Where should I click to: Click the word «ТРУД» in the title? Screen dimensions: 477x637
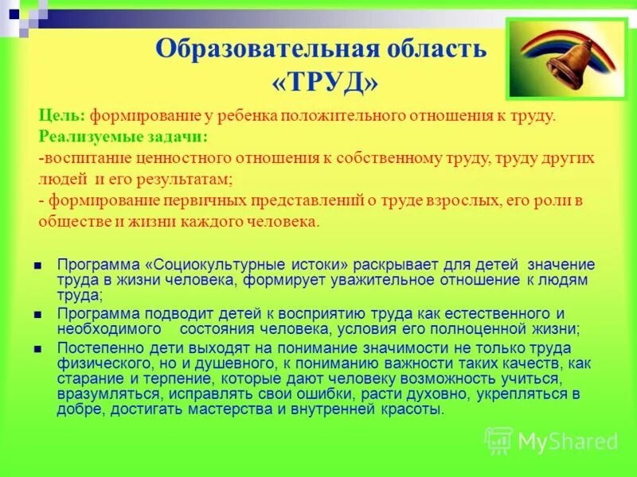[320, 81]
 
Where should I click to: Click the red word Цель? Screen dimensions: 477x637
[62, 116]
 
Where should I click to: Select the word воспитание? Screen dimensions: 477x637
[86, 158]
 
